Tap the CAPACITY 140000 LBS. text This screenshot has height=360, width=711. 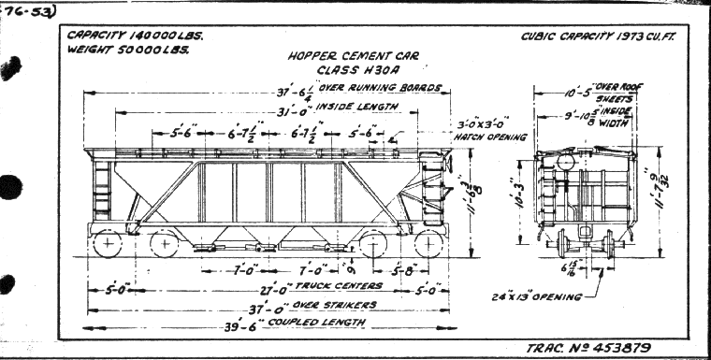(135, 36)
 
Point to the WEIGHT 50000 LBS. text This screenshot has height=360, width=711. (127, 50)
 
